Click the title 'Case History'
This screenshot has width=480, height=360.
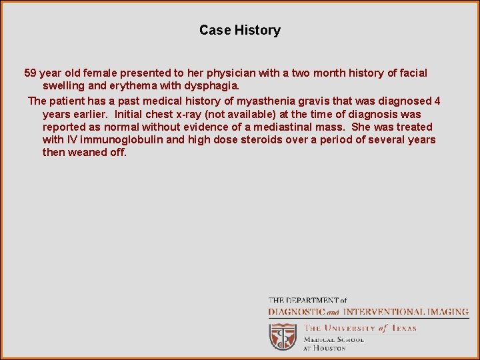click(240, 30)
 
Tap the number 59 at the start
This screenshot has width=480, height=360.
click(31, 73)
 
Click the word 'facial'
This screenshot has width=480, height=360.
click(413, 73)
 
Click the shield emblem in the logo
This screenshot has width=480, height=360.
click(283, 336)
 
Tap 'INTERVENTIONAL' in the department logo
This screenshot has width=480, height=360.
click(384, 312)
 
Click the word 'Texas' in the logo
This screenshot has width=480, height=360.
click(403, 328)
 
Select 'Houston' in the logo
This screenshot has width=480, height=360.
click(331, 348)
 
